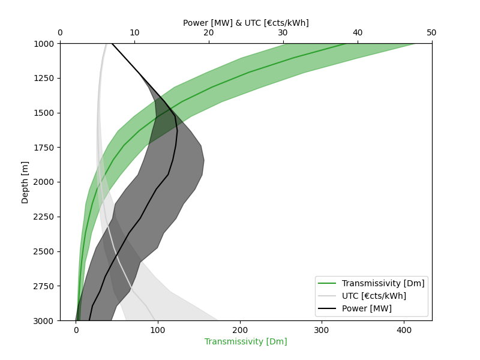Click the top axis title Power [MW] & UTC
(245, 23)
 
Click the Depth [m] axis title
(25, 182)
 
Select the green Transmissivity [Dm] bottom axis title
(245, 341)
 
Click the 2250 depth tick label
(44, 217)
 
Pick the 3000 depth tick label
(44, 320)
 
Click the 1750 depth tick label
(44, 148)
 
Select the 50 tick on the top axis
(431, 32)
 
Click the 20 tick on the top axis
(209, 32)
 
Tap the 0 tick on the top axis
(60, 32)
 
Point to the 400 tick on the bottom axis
(404, 329)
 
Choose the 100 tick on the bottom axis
(158, 329)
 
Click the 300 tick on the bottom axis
(322, 329)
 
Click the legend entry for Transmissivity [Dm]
(383, 283)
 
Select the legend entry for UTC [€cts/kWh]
(374, 296)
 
